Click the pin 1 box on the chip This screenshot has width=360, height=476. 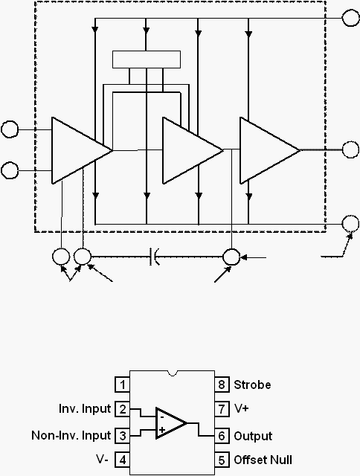click(122, 385)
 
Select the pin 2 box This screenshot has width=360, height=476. click(122, 409)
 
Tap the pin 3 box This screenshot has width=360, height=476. click(122, 436)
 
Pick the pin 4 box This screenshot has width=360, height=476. click(122, 460)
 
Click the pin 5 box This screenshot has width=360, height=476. click(222, 460)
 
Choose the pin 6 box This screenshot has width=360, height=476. click(222, 436)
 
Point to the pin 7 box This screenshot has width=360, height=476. click(222, 409)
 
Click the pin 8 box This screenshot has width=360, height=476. click(222, 385)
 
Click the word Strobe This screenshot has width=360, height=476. click(252, 385)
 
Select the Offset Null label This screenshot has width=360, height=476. click(263, 460)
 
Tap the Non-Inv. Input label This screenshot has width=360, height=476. click(71, 436)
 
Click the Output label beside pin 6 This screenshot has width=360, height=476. click(253, 437)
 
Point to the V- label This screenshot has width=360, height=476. click(102, 460)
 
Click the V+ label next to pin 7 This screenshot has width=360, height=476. click(241, 408)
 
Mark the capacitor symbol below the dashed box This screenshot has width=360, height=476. click(154, 257)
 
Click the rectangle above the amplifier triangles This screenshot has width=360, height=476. click(147, 59)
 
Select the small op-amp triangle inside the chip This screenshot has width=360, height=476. click(171, 423)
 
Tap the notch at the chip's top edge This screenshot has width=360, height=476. click(173, 373)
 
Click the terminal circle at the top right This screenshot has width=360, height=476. click(350, 18)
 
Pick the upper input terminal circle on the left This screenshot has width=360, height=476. click(10, 129)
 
